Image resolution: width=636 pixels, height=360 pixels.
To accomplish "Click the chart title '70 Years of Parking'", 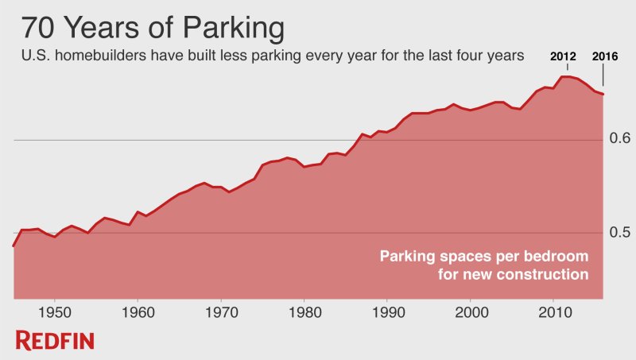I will tap(152, 28).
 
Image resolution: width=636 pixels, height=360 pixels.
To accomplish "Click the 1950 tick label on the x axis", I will tap(54, 309).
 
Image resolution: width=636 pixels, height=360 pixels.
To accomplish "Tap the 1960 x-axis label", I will tap(138, 309).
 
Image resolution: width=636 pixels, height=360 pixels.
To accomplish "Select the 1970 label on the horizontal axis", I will tap(221, 309).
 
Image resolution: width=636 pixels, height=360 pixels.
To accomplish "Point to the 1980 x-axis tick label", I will tap(304, 309).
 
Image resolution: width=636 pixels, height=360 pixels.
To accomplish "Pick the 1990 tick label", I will tap(387, 309).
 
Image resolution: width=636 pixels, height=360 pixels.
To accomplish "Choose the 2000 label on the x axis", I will tap(471, 309).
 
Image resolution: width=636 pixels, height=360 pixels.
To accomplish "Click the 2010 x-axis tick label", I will tap(554, 309).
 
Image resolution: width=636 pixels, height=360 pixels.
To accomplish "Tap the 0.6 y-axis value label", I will tap(620, 138).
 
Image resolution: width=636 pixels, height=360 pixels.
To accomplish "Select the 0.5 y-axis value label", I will tap(620, 232).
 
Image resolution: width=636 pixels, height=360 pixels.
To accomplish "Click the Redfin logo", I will tap(55, 341).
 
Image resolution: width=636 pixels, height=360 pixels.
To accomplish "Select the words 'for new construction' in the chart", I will tap(513, 275).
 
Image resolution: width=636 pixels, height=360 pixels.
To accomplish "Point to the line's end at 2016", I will tap(603, 95).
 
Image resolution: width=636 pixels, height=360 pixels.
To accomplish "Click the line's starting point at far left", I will tap(14, 246).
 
